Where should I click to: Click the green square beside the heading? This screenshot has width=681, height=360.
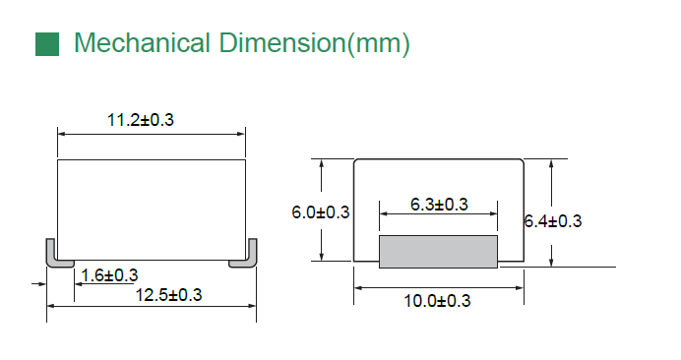pyautogui.click(x=47, y=44)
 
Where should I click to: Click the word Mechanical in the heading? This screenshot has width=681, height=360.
pyautogui.click(x=143, y=43)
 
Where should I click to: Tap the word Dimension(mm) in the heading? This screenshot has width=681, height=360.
pyautogui.click(x=314, y=44)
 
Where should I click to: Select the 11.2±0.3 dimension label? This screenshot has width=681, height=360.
pyautogui.click(x=141, y=120)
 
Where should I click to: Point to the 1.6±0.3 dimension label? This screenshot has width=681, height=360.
pyautogui.click(x=109, y=275)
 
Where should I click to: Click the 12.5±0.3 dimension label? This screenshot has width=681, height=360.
pyautogui.click(x=169, y=295)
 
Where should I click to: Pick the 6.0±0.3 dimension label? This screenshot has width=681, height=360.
pyautogui.click(x=321, y=212)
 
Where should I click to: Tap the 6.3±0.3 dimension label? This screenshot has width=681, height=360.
pyautogui.click(x=439, y=205)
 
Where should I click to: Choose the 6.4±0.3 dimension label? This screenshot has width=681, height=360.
pyautogui.click(x=553, y=221)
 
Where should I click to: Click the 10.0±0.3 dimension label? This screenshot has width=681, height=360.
pyautogui.click(x=437, y=301)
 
